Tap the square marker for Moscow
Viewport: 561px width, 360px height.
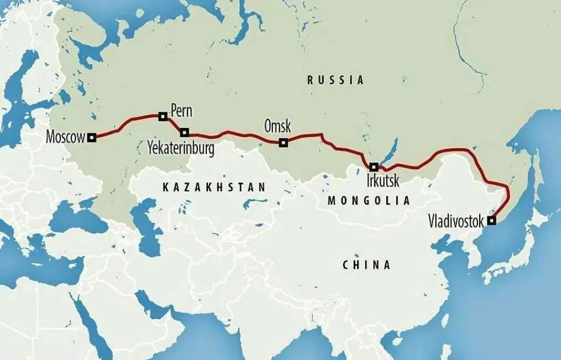pyautogui.click(x=92, y=138)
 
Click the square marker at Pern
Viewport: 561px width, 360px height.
pyautogui.click(x=162, y=116)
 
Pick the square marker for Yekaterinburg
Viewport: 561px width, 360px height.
pyautogui.click(x=184, y=133)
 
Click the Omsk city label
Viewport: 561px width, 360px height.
pyautogui.click(x=277, y=126)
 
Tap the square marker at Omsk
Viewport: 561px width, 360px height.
pyautogui.click(x=283, y=143)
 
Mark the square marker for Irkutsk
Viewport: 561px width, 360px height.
pyautogui.click(x=374, y=166)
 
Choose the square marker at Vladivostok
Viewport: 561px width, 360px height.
pyautogui.click(x=491, y=221)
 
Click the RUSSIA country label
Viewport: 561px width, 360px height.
pyautogui.click(x=336, y=80)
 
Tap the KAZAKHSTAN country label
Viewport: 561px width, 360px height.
pyautogui.click(x=214, y=187)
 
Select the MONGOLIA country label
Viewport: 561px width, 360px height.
pyautogui.click(x=368, y=201)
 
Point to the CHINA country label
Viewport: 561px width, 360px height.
pyautogui.click(x=367, y=265)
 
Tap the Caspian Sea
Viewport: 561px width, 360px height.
pyautogui.click(x=145, y=227)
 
